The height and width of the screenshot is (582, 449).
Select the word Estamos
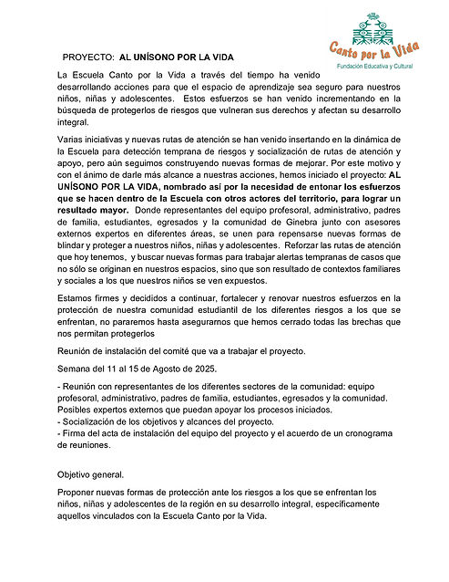[78, 298]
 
